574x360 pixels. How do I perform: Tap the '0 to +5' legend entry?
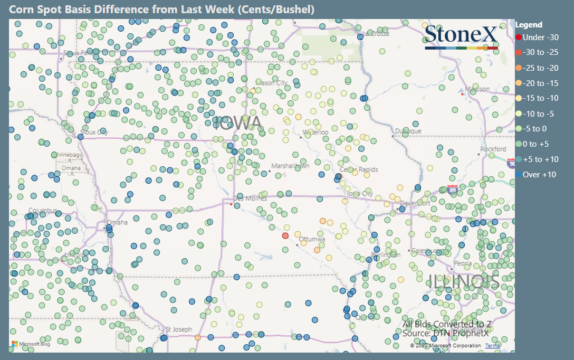[x=537, y=144]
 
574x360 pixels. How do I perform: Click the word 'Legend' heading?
[x=529, y=24]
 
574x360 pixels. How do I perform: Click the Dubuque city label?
[x=409, y=131]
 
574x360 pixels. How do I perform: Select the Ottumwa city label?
[x=312, y=239]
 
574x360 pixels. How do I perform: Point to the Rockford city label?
[x=494, y=149]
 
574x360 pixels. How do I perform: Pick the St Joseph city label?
[x=179, y=329]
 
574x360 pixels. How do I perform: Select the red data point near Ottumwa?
[x=285, y=235]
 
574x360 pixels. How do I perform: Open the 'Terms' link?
[x=492, y=346]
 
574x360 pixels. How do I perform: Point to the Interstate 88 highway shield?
[x=452, y=189]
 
